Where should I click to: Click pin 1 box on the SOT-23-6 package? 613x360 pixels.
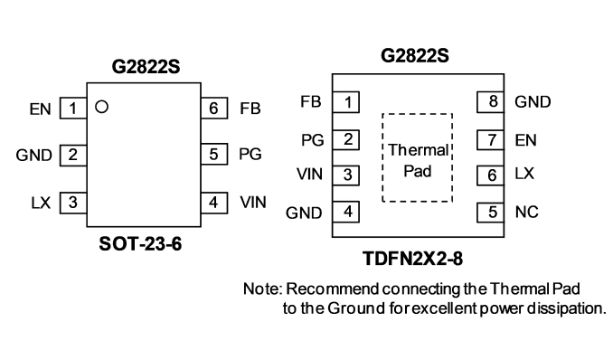[x=73, y=108]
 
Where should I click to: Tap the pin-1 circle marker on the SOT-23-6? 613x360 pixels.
[x=101, y=107]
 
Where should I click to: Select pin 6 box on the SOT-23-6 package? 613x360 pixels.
[x=214, y=108]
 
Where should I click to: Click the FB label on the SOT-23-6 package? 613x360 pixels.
[x=250, y=109]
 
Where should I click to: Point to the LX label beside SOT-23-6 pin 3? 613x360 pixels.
[x=41, y=203]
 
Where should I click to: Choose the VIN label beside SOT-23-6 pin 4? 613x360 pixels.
[x=253, y=203]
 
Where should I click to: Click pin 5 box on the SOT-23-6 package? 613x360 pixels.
[x=214, y=154]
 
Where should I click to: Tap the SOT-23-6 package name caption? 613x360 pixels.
[x=140, y=244]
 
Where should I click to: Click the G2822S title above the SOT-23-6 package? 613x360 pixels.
[x=146, y=66]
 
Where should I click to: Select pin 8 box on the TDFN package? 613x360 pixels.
[x=490, y=101]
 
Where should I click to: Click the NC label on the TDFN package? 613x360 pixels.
[x=526, y=212]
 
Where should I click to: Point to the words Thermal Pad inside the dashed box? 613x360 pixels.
[x=418, y=160]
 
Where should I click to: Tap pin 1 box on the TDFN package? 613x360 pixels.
[x=345, y=102]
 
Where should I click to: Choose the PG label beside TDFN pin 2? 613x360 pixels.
[x=313, y=140]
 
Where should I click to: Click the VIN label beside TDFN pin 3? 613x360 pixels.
[x=309, y=175]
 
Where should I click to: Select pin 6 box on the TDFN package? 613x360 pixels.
[x=490, y=175]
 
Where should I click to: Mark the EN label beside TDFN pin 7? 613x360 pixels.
[x=526, y=140]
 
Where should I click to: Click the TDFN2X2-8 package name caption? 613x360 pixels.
[x=413, y=259]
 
